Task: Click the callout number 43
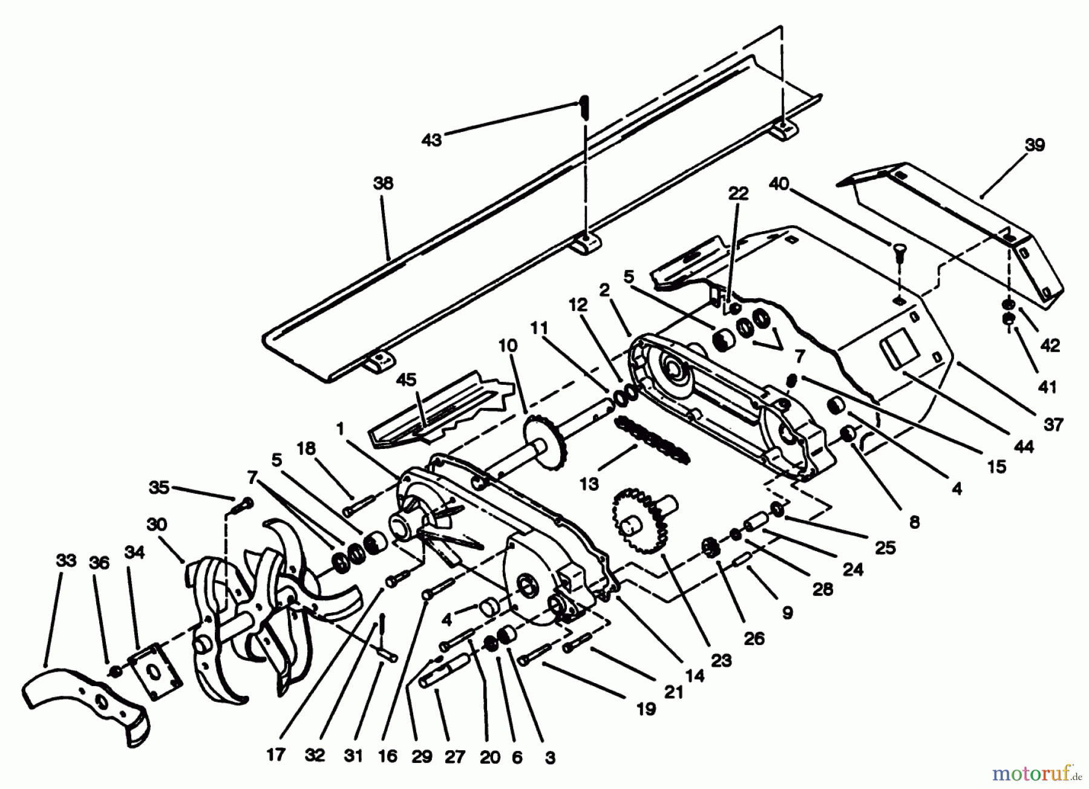coord(431,140)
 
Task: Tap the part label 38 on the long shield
coord(383,183)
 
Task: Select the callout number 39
coord(1035,145)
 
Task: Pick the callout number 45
coord(406,380)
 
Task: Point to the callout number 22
coord(738,194)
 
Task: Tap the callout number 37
coord(1053,424)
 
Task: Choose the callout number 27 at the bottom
coord(455,756)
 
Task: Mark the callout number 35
coord(159,487)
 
